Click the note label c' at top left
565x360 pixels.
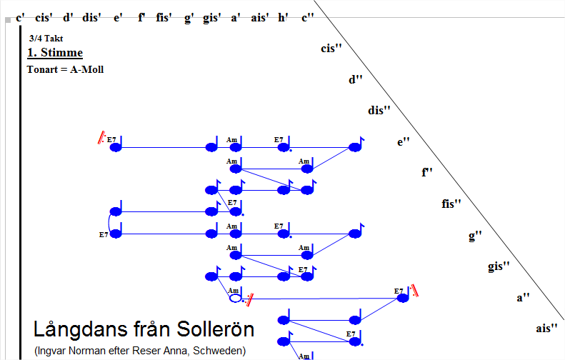coord(21,18)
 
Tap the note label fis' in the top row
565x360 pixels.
coord(164,18)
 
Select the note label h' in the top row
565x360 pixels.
coord(284,18)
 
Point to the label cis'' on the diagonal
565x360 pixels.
coord(331,49)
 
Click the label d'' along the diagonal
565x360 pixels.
coord(356,79)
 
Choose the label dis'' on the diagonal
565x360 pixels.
coord(379,110)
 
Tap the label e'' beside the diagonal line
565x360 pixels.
coord(404,141)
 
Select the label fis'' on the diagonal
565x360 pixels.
coord(452,204)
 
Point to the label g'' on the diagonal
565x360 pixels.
coord(476,235)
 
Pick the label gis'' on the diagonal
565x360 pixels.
coord(499,266)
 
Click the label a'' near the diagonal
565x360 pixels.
coord(524,297)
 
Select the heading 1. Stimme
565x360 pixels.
coord(55,53)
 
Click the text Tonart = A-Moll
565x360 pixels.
coord(65,69)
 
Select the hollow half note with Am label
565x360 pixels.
coord(236,298)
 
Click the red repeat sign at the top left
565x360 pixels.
coord(102,139)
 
